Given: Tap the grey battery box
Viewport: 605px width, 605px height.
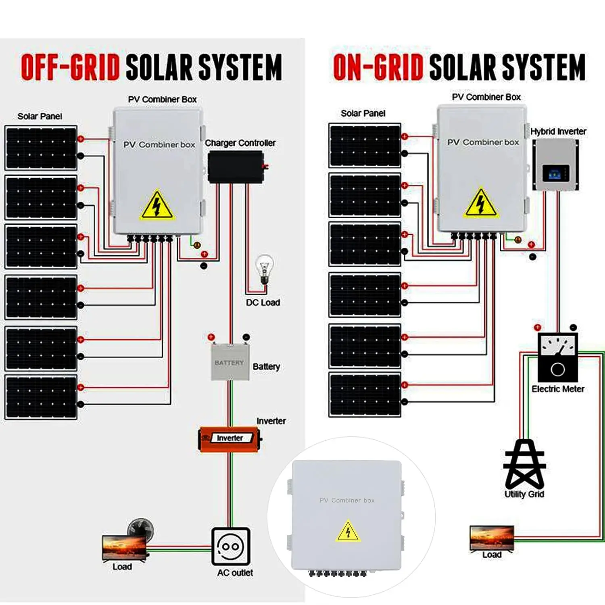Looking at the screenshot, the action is [230, 362].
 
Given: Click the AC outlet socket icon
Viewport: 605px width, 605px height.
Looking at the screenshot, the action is [231, 547].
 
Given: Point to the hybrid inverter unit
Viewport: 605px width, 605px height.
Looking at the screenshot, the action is [556, 165].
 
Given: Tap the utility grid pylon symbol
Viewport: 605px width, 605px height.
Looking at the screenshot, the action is [525, 464].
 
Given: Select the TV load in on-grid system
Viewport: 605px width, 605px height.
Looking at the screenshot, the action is [492, 538].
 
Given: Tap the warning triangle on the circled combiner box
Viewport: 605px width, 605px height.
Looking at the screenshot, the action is [348, 531].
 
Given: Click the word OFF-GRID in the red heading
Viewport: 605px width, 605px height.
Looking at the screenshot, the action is [71, 67].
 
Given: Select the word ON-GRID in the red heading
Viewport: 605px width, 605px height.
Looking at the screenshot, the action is [378, 67].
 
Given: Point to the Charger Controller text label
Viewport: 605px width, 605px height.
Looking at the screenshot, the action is [240, 143].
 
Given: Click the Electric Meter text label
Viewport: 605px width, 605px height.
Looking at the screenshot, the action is [558, 389].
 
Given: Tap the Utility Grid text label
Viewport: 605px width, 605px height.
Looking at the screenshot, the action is [524, 494].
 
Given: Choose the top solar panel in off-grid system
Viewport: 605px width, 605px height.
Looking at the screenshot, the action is [41, 148].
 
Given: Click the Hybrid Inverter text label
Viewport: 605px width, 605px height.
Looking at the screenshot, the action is [558, 131].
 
